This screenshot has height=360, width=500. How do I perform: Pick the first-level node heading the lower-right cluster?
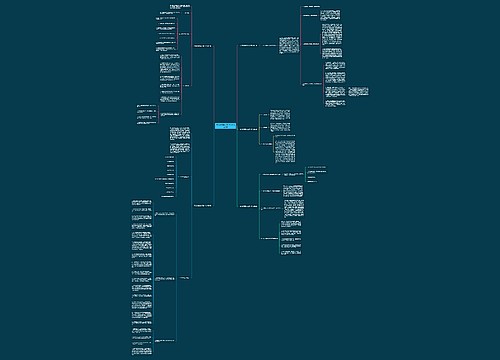(x=250, y=205)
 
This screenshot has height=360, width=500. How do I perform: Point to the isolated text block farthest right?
(x=359, y=93)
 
